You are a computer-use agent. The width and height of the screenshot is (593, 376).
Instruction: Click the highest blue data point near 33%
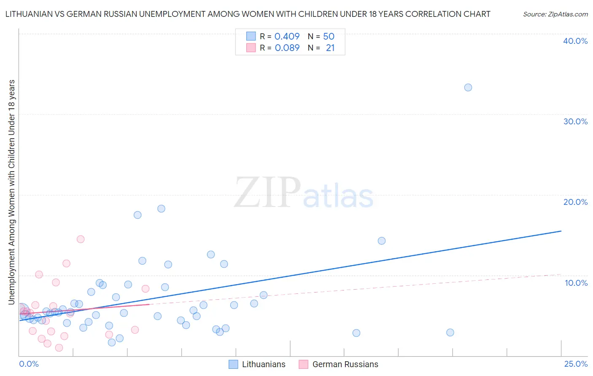[468, 88]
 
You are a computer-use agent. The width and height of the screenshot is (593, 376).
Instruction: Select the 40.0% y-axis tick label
[575, 41]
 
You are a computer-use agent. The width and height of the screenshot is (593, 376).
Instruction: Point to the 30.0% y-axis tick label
[575, 121]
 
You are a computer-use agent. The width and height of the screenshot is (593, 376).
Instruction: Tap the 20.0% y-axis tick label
[575, 202]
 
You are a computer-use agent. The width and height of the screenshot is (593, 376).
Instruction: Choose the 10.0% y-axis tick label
[576, 283]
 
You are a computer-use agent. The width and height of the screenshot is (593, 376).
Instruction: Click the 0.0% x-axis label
[29, 364]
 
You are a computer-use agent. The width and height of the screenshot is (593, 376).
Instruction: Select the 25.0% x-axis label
[576, 364]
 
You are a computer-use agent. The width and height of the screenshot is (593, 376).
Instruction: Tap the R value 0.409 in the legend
[287, 36]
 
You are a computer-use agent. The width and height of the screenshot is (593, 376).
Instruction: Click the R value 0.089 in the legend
[287, 48]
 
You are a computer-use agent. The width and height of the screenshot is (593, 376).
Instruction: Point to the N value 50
[329, 36]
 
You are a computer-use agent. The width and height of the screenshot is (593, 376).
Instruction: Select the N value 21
[330, 48]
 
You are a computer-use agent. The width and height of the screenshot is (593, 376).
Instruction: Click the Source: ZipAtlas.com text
[555, 14]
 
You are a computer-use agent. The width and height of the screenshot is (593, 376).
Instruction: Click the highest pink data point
[81, 239]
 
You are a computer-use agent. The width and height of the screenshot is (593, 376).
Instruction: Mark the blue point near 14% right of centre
[382, 241]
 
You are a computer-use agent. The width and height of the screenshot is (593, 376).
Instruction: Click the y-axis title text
[11, 192]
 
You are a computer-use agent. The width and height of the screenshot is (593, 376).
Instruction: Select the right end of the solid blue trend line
[561, 231]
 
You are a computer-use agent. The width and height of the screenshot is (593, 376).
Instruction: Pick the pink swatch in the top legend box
[251, 48]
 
